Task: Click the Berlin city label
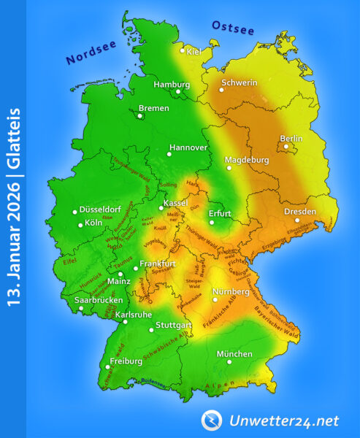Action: pyautogui.click(x=291, y=138)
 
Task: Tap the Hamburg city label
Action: pyautogui.click(x=172, y=84)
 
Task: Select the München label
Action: pyautogui.click(x=234, y=354)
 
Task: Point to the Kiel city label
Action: pyautogui.click(x=194, y=52)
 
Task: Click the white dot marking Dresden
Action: pyautogui.click(x=297, y=220)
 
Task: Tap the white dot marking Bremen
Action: pyautogui.click(x=141, y=114)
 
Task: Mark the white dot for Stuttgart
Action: pyautogui.click(x=151, y=331)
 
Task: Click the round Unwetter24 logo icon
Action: pyautogui.click(x=212, y=420)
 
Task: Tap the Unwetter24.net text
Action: pyautogui.click(x=281, y=420)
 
